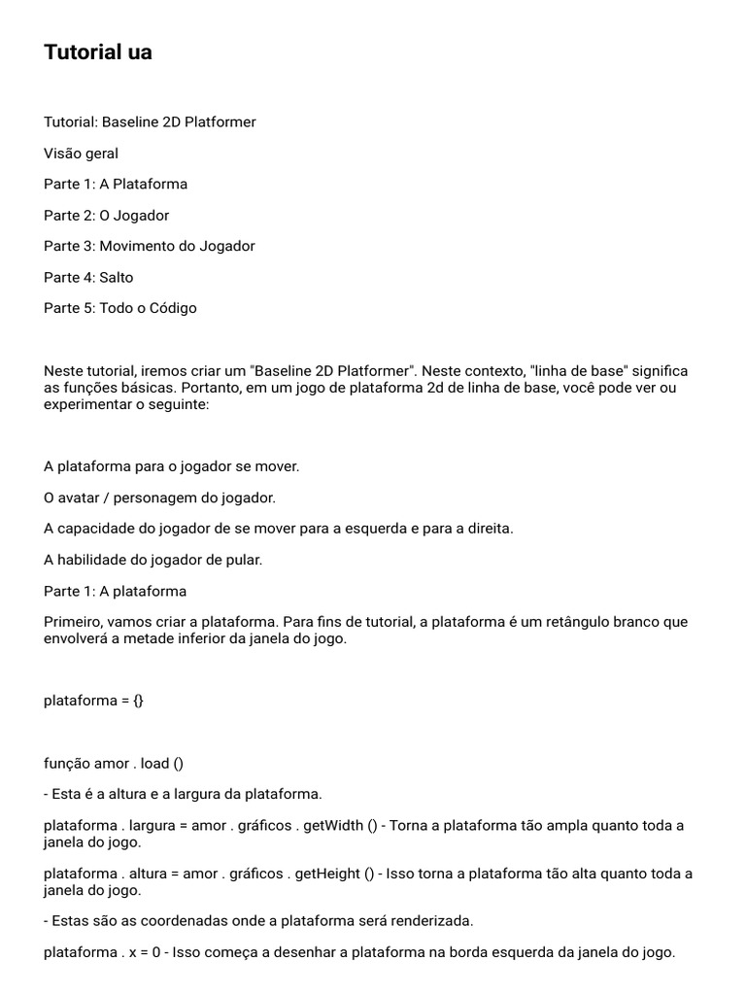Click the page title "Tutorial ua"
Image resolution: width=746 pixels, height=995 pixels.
tap(98, 52)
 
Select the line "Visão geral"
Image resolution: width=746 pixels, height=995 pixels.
tap(81, 153)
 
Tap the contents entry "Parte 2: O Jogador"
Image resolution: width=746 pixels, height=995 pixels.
tap(106, 215)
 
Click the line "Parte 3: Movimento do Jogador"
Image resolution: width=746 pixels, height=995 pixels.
tap(149, 246)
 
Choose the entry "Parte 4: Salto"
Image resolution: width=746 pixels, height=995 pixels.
tap(88, 277)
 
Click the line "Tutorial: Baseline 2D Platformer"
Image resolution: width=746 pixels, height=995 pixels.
tap(150, 121)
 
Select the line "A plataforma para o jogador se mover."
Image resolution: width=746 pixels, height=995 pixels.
tap(171, 466)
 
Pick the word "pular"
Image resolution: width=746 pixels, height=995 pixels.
tap(243, 560)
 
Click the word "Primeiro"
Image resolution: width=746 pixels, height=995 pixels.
tap(72, 622)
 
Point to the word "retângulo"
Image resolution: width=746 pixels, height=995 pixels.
tap(561, 622)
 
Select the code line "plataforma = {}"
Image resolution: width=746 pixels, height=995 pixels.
tap(93, 700)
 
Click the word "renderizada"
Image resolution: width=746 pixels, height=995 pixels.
tap(433, 920)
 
